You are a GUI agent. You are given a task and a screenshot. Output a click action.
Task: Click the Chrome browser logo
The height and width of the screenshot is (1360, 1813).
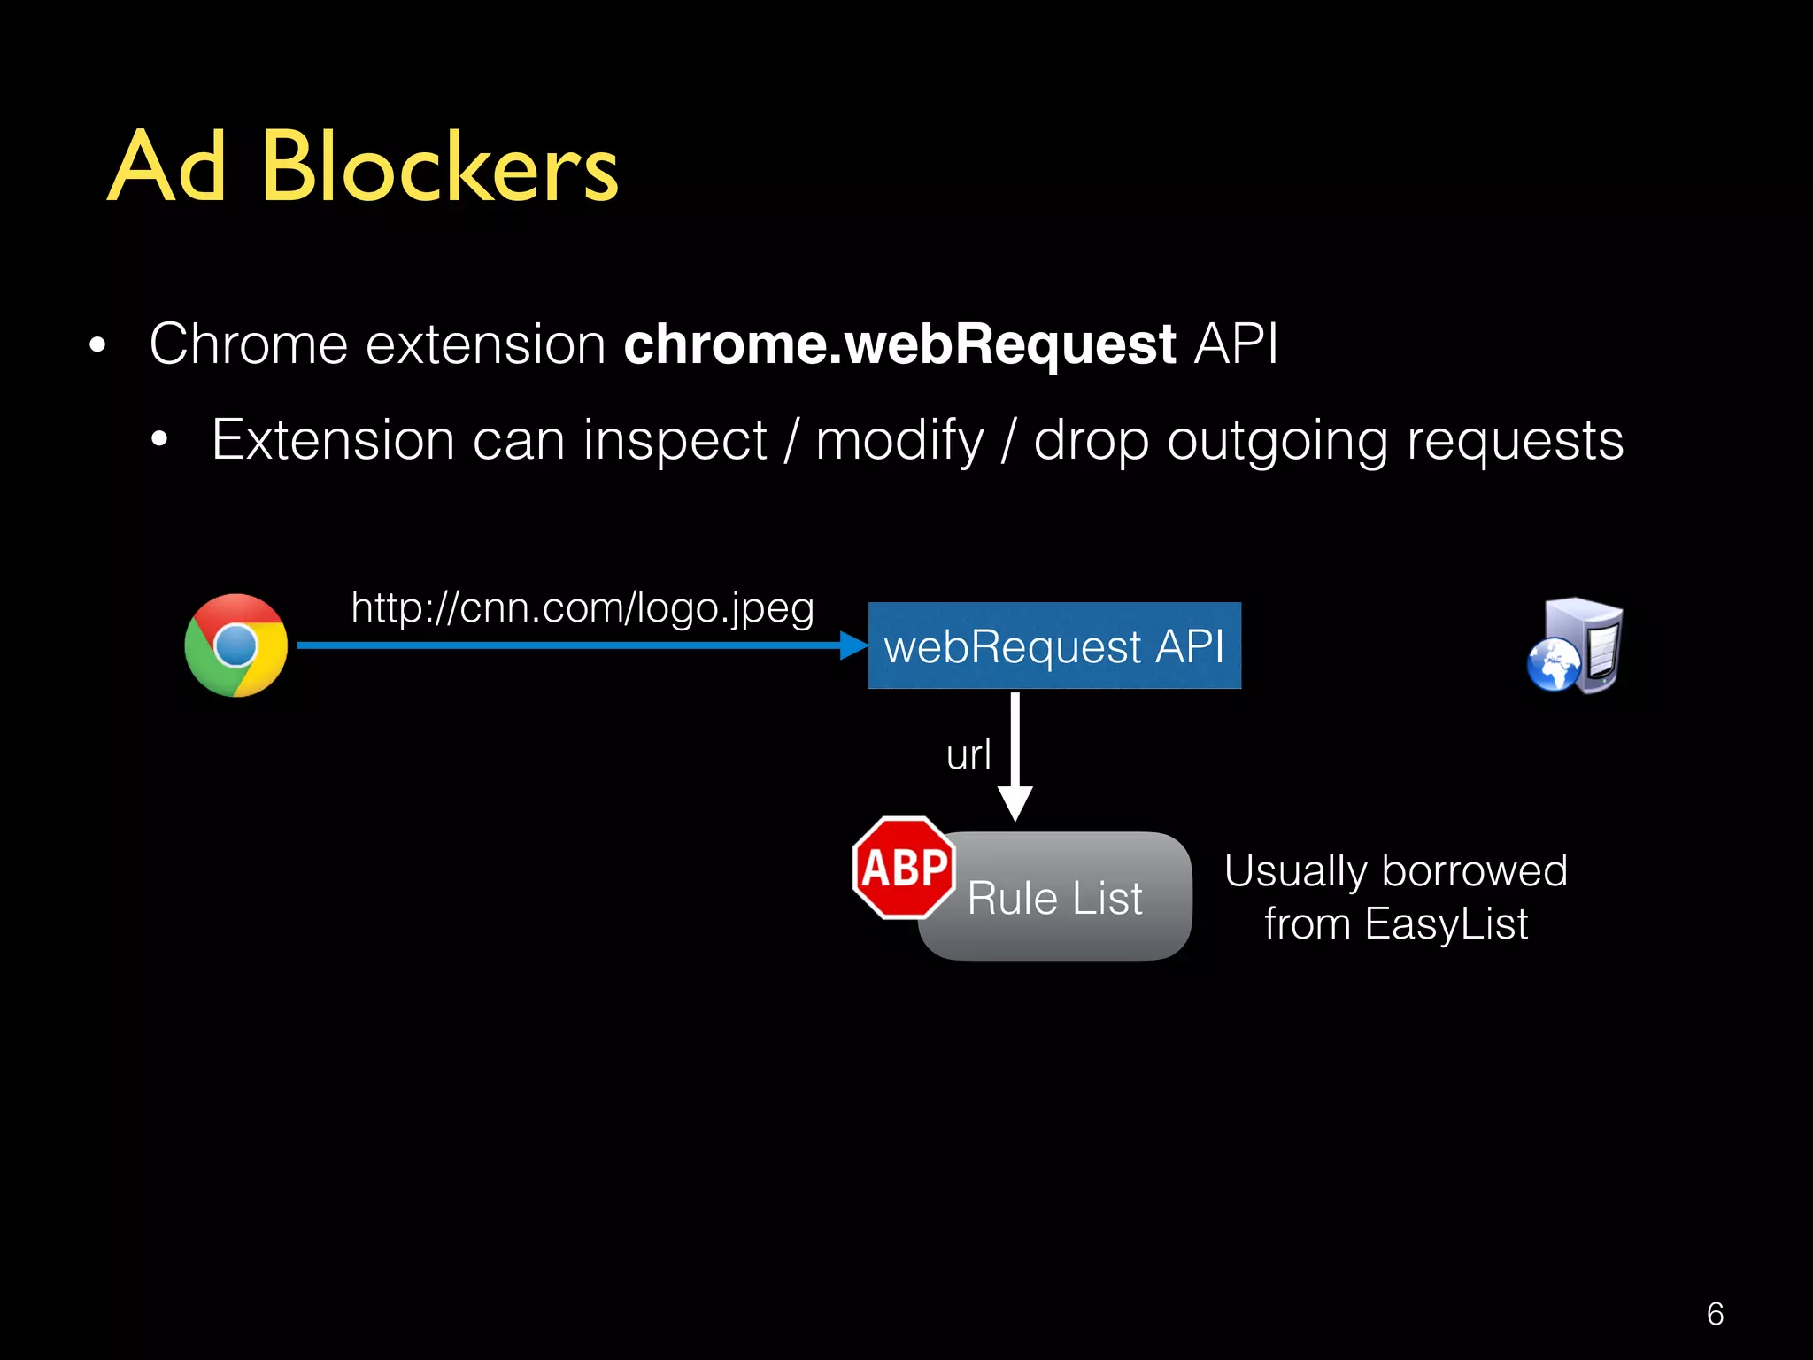click(235, 645)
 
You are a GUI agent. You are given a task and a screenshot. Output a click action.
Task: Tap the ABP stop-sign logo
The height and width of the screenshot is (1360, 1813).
click(904, 868)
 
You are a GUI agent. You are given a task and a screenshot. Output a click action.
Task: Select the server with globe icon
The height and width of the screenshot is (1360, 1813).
click(1576, 646)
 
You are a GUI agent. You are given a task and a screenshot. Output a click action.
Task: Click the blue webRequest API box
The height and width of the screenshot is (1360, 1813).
click(1053, 645)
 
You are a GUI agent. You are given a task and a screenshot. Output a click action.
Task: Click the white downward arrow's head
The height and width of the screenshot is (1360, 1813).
click(1015, 803)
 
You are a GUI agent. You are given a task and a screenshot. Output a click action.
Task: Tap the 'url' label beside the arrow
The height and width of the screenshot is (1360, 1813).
click(968, 755)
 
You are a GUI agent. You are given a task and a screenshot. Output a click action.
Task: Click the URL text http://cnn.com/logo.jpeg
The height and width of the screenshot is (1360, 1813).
click(582, 608)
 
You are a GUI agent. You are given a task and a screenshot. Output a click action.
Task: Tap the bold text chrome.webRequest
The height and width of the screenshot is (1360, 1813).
click(899, 344)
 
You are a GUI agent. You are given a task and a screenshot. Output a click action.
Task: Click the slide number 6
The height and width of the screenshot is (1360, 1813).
click(1715, 1314)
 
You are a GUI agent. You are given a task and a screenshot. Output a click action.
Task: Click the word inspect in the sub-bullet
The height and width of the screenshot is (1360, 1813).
click(675, 441)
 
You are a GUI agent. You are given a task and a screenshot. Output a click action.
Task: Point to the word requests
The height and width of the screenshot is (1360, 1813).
click(1515, 441)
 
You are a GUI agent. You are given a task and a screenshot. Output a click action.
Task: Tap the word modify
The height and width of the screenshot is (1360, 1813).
click(899, 441)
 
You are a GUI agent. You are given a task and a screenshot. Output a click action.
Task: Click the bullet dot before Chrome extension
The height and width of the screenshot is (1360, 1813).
click(97, 346)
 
